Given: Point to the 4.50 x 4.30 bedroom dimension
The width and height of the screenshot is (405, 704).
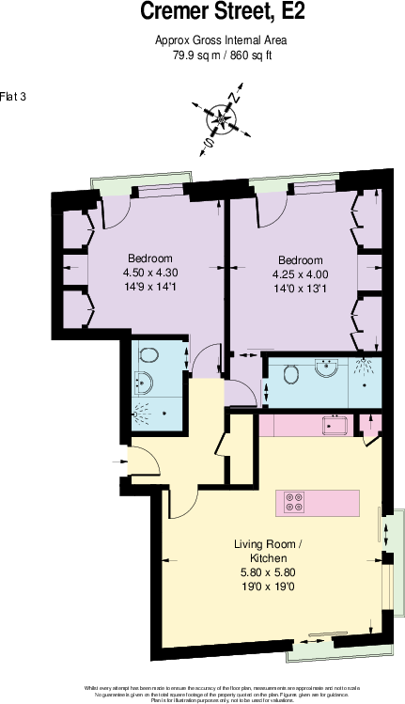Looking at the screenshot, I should [x=149, y=273].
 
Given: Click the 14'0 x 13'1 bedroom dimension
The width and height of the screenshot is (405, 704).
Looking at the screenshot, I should [x=299, y=289].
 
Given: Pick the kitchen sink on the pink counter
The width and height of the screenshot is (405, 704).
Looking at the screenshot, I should [x=332, y=425].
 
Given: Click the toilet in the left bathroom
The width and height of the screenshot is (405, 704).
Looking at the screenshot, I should [x=148, y=354].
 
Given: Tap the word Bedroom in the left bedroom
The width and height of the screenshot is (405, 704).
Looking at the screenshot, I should [x=149, y=258].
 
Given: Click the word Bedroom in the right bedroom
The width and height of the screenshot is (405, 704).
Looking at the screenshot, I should [x=299, y=260].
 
